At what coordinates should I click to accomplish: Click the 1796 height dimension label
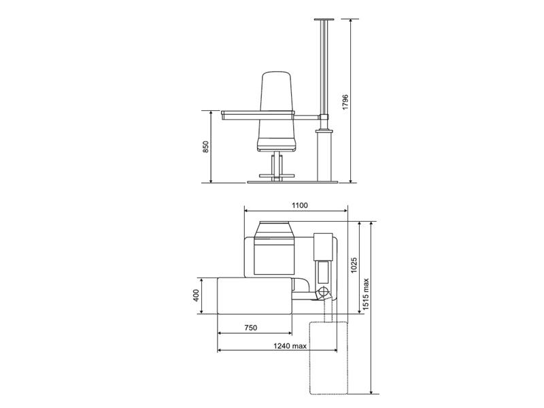[345, 102]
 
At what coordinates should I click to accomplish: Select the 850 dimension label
[206, 147]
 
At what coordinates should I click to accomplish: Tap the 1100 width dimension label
[299, 205]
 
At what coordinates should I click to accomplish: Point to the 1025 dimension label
[354, 265]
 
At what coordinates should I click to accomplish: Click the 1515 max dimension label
[367, 294]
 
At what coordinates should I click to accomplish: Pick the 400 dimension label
[197, 296]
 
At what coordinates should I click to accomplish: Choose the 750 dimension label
[251, 328]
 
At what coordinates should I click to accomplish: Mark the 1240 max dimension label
[290, 345]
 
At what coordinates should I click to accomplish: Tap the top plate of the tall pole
[324, 20]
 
